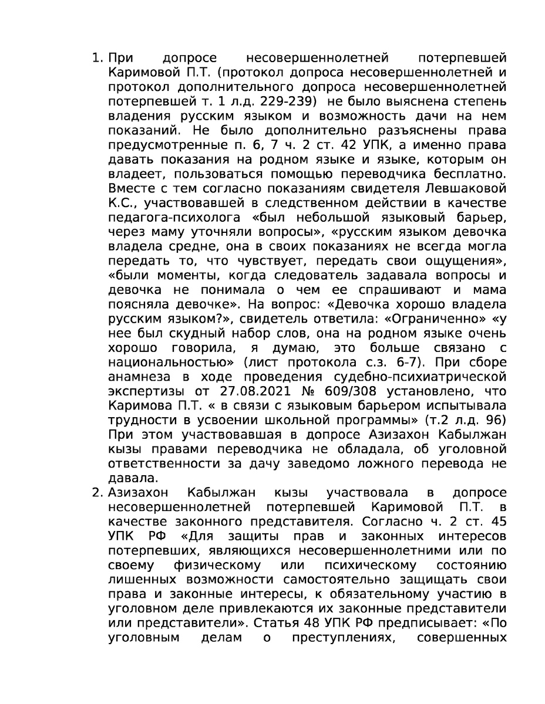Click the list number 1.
pyautogui.click(x=97, y=59)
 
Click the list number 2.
pyautogui.click(x=97, y=491)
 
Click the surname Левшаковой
pyautogui.click(x=460, y=188)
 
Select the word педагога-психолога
pyautogui.click(x=159, y=217)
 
